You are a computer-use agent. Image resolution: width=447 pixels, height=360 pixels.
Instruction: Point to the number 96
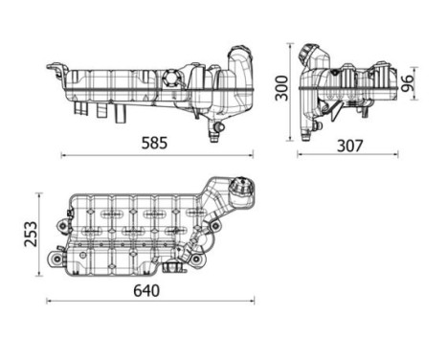(408, 84)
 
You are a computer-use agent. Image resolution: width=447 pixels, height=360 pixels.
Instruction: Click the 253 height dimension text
(29, 236)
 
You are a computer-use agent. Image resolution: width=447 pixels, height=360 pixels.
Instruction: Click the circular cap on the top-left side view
(172, 78)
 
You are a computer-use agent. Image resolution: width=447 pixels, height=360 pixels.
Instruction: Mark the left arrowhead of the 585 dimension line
(63, 154)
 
